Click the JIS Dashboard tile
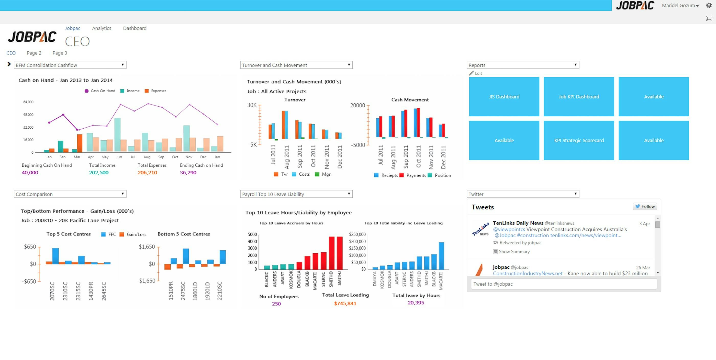(x=504, y=96)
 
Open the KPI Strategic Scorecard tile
(x=579, y=140)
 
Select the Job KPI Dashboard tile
(x=579, y=96)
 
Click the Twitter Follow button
(x=645, y=206)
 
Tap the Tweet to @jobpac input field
(x=564, y=284)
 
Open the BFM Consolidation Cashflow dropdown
(x=70, y=65)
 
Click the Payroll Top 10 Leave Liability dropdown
(x=296, y=194)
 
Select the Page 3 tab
(x=60, y=53)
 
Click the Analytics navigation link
(x=102, y=28)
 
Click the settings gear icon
(x=709, y=5)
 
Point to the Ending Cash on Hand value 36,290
(x=188, y=173)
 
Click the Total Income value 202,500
(x=99, y=173)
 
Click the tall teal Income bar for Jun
(x=117, y=135)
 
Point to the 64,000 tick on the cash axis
(x=28, y=102)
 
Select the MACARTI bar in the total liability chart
(x=441, y=256)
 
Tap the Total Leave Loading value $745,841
(x=345, y=303)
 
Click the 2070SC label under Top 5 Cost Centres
(x=52, y=291)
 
